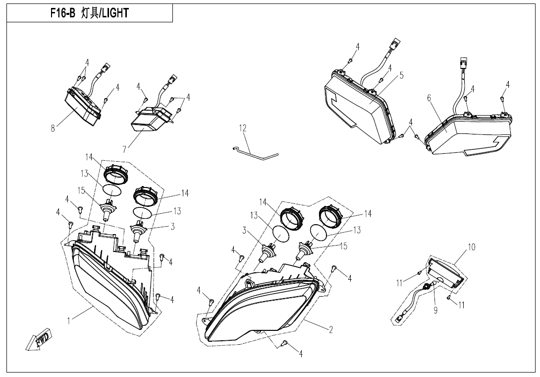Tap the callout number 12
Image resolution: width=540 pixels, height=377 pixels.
(243, 128)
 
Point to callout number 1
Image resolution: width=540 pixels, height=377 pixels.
(69, 321)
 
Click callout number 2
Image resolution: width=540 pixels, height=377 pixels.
(331, 330)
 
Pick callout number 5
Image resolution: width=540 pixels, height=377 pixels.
(402, 75)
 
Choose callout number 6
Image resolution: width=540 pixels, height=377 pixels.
(429, 98)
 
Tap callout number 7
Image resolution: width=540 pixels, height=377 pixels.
(124, 149)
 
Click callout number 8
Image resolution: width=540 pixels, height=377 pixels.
(53, 128)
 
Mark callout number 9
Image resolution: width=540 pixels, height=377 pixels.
(435, 311)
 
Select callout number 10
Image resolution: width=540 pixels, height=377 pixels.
(472, 248)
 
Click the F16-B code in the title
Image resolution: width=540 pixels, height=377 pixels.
(62, 13)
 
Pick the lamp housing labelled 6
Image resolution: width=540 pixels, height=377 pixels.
(468, 133)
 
